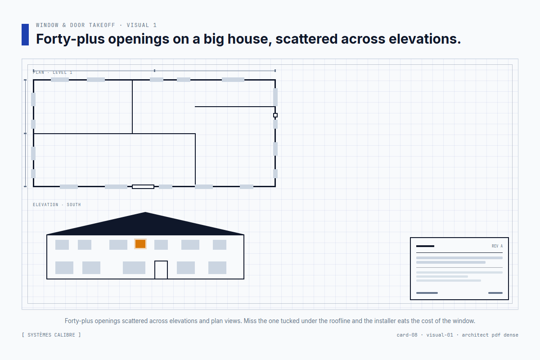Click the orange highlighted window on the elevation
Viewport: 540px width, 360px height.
coord(140,244)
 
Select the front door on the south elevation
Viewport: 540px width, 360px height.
coord(161,270)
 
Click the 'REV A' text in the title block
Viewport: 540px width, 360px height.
coord(497,246)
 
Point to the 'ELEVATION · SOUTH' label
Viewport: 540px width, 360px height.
coord(57,205)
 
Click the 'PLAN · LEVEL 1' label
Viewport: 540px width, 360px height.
coord(53,72)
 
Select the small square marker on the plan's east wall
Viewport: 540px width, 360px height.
coord(275,115)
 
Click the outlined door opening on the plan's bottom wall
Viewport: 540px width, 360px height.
coord(143,187)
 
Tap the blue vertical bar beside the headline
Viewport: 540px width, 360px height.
coord(25,35)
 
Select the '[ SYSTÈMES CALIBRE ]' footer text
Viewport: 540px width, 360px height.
coord(51,335)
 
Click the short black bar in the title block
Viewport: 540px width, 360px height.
coord(425,246)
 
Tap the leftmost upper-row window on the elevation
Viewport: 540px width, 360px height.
coord(62,245)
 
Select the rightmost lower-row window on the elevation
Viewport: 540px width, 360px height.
coord(217,268)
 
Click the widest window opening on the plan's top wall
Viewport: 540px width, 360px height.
coord(233,80)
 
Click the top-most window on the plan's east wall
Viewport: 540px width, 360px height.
coord(275,97)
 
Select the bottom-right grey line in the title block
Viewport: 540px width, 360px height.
coord(495,293)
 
